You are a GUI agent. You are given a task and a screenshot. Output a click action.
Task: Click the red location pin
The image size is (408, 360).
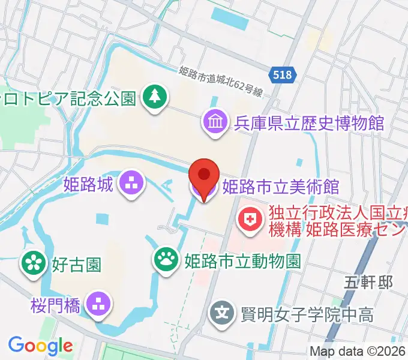click(x=204, y=176)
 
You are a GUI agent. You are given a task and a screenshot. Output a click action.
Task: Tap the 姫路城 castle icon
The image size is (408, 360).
click(x=131, y=184)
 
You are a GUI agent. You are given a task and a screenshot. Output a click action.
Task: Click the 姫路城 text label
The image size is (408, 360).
click(x=88, y=185)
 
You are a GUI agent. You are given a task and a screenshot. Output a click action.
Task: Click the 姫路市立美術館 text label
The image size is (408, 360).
click(x=281, y=187)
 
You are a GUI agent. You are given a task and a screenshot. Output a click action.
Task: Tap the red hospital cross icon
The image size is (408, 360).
click(x=247, y=221)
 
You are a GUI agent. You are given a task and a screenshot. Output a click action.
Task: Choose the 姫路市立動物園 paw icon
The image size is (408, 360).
click(x=166, y=260)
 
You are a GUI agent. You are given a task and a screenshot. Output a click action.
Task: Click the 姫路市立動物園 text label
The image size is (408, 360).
click(x=242, y=261)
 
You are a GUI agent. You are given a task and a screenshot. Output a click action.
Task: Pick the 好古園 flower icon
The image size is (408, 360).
click(x=34, y=262)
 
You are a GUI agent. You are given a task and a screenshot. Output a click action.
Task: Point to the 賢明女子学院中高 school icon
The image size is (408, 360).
click(x=222, y=313)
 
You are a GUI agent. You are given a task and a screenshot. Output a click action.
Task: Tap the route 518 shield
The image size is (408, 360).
click(x=282, y=75)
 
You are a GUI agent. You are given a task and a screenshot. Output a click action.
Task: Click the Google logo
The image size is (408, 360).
click(x=40, y=346)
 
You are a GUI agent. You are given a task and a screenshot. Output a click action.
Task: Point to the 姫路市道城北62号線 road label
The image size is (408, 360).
click(x=221, y=80)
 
